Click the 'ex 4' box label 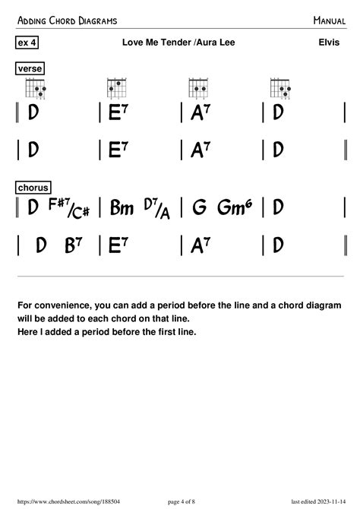coord(27,43)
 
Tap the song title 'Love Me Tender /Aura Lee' coord(178,43)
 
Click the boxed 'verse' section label coord(30,69)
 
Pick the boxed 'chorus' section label coord(33,187)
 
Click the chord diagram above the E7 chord coord(116,88)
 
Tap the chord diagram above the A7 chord coord(198,88)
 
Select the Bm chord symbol coord(122,207)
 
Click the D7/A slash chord coord(159,207)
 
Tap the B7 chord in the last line coord(74,245)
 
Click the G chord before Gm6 coord(200,207)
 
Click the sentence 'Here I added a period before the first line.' coord(106,332)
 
